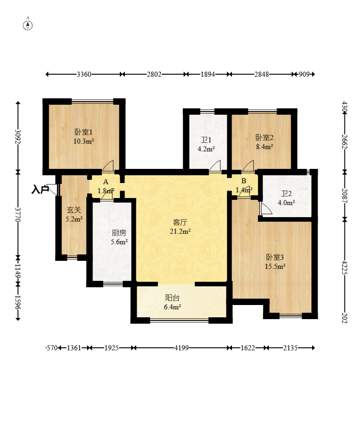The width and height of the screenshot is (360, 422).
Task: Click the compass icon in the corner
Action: [x=28, y=25]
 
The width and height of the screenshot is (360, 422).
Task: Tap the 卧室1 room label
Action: [x=83, y=132]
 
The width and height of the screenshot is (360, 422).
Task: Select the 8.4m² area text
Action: [x=264, y=147]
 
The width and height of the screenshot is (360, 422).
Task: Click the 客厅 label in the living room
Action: [x=180, y=222]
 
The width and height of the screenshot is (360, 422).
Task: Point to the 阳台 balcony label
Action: [x=172, y=298]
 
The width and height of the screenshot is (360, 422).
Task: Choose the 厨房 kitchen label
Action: [x=119, y=233]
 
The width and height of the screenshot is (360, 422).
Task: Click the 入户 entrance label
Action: [x=40, y=189]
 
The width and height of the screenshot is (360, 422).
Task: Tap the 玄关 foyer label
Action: [x=74, y=210]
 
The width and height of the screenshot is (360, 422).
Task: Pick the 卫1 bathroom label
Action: [x=206, y=140]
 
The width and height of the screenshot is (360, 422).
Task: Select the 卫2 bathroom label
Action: [x=286, y=193]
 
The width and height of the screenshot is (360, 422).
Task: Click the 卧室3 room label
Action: [x=275, y=257]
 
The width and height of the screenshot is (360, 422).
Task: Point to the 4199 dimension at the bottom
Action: [x=181, y=348]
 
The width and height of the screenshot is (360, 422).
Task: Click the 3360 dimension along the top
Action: [x=84, y=74]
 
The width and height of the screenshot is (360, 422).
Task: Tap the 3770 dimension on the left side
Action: [x=18, y=214]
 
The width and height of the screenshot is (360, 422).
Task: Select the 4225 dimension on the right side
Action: [x=345, y=267]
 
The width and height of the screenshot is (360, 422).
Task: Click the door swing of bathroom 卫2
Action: [x=265, y=208]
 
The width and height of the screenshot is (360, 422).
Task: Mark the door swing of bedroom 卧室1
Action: [x=108, y=166]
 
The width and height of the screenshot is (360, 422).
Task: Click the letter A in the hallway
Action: [x=106, y=182]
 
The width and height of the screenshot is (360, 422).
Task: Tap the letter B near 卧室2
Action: [x=244, y=181]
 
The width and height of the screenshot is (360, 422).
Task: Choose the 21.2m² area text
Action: [x=180, y=231]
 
